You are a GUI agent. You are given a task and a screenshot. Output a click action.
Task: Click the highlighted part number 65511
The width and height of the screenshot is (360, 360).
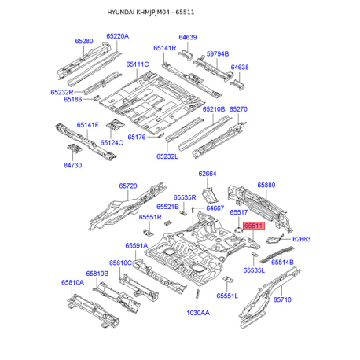(x=254, y=226)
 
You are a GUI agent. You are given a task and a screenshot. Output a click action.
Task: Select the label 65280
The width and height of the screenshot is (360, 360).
(x=84, y=41)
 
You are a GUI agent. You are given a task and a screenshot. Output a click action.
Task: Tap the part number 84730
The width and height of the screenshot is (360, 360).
(x=73, y=165)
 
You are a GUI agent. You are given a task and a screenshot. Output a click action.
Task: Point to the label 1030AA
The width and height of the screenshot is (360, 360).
(x=198, y=313)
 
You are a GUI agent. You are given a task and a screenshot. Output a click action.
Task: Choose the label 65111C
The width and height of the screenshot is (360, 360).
(x=138, y=64)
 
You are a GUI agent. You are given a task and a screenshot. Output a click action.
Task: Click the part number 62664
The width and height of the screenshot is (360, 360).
(x=208, y=174)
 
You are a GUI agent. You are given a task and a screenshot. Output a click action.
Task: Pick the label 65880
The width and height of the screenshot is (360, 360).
(x=266, y=185)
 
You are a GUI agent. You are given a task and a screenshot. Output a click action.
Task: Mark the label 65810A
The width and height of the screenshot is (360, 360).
(x=72, y=282)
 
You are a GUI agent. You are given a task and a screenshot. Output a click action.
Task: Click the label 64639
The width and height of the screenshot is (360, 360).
(x=188, y=37)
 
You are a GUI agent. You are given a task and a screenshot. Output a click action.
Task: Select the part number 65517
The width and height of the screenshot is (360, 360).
(x=239, y=212)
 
